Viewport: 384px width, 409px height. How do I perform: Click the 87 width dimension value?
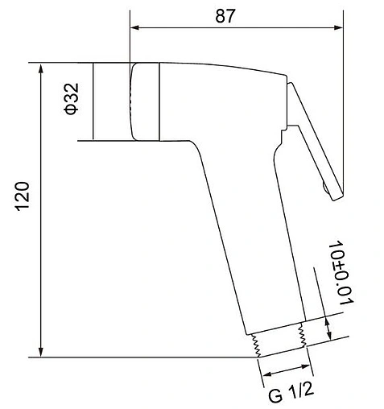(225, 16)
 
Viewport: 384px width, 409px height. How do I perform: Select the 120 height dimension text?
(23, 196)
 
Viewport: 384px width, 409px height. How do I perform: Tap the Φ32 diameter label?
(72, 99)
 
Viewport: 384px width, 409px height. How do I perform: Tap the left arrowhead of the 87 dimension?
(134, 27)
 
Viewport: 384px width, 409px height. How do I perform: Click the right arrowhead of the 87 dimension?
(338, 27)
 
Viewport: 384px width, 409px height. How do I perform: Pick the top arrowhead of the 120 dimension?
(41, 68)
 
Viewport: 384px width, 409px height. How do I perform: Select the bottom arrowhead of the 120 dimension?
(41, 352)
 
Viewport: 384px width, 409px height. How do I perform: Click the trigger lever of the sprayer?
(316, 141)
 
